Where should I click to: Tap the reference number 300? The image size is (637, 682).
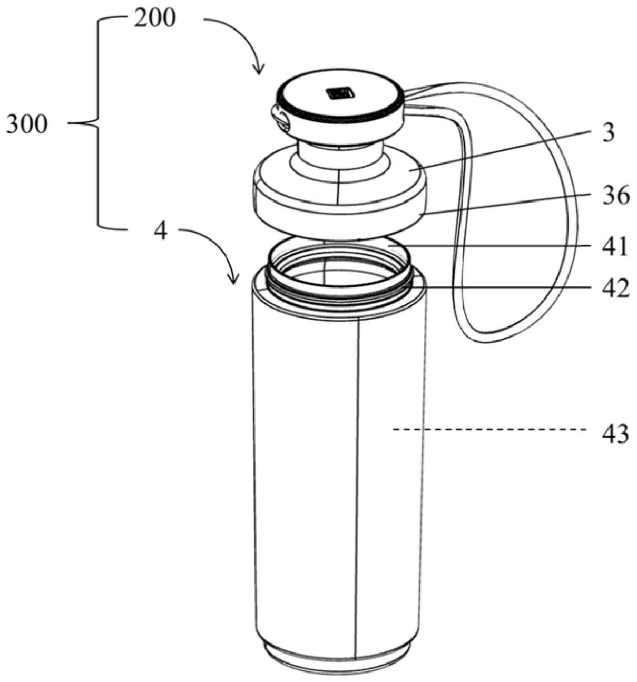tap(26, 125)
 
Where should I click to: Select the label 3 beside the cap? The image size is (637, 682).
tap(609, 133)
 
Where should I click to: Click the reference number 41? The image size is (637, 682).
tap(615, 247)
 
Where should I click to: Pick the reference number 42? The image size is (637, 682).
tap(615, 288)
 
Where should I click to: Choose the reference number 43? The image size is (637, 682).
tap(615, 435)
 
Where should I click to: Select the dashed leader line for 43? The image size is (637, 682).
tap(490, 430)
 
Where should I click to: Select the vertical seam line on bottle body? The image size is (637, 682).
tap(358, 475)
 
